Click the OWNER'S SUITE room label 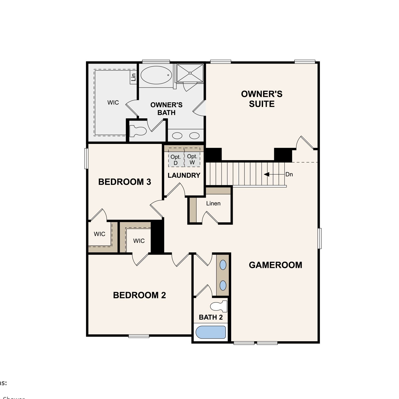[x=262, y=99]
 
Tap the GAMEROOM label [x=275, y=265]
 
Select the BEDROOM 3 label [x=124, y=182]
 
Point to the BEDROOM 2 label [x=139, y=295]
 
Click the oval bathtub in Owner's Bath [x=156, y=75]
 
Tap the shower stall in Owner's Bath [x=190, y=73]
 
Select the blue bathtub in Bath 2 [x=211, y=332]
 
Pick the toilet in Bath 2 [x=219, y=306]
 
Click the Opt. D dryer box [x=176, y=160]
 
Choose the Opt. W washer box [x=192, y=159]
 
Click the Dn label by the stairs [x=289, y=174]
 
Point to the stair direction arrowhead [x=267, y=174]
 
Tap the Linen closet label [x=213, y=203]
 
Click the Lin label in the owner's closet [x=133, y=77]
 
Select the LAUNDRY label [x=184, y=175]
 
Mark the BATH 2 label [x=211, y=317]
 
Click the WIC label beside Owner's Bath [x=113, y=102]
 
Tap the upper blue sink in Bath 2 [x=223, y=265]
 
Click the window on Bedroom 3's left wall [x=86, y=159]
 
